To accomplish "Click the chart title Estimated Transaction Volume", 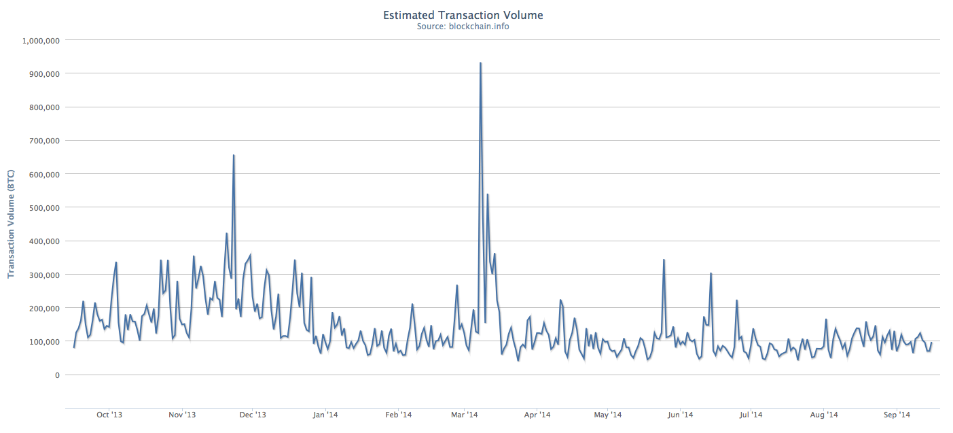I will pos(463,14).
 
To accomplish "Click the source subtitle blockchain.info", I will pos(463,27).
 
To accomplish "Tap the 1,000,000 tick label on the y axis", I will pos(42,40).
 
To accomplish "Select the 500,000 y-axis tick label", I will pos(45,207).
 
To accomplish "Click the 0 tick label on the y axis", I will pos(57,375).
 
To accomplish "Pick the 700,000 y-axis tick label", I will pos(45,141).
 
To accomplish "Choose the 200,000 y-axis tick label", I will pos(45,308).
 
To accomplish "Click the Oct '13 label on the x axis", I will pos(110,415).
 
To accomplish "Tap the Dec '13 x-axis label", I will pos(252,415).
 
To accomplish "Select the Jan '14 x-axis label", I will pos(325,415).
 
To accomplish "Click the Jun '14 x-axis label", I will pos(680,415).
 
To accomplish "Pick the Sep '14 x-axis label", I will pos(897,415).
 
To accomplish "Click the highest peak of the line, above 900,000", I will pos(480,63).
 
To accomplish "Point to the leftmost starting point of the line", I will pos(74,347).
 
